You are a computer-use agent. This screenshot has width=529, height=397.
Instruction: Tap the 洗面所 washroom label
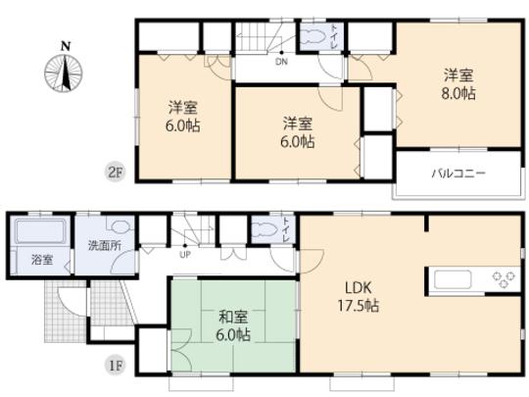coord(104,245)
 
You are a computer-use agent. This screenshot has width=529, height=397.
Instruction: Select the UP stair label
coord(184,256)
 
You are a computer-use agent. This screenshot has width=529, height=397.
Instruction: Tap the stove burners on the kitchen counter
coord(504,278)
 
